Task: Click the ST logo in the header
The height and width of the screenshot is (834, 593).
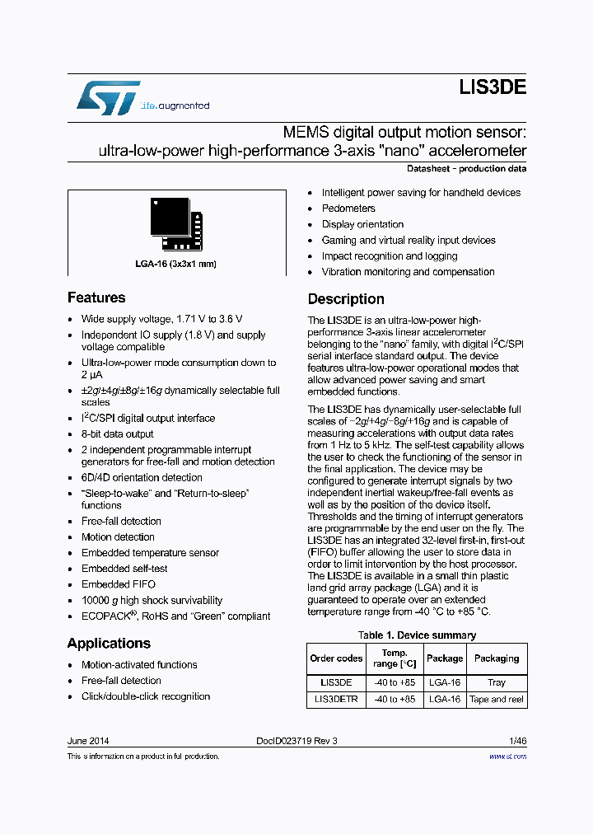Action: [x=108, y=98]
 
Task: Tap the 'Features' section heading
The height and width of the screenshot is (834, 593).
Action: [x=96, y=298]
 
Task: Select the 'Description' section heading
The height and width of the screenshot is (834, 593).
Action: [x=346, y=299]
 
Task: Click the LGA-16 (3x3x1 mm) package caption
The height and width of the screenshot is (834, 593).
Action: [x=175, y=265]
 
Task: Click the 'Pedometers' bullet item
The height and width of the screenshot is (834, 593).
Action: [x=348, y=208]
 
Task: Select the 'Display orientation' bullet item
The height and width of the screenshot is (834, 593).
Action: [x=362, y=224]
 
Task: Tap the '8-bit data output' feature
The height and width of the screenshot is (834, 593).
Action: [x=117, y=434]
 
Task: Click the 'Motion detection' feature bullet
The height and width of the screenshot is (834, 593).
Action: [x=118, y=537]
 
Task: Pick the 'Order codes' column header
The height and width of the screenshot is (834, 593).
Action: [x=336, y=658]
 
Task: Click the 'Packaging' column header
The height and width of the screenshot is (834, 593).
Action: [x=497, y=658]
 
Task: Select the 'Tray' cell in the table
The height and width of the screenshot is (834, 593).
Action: [x=497, y=682]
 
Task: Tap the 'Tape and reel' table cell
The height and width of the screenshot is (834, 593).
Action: [x=497, y=699]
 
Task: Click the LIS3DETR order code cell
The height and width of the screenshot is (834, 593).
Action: [x=336, y=699]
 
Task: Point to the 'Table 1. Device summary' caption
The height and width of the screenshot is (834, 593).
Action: [x=417, y=635]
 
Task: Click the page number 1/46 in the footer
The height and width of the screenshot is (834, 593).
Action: [x=517, y=740]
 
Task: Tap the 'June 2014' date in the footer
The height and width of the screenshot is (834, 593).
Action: [x=88, y=740]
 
